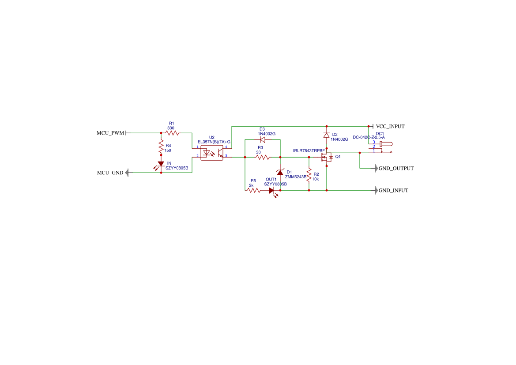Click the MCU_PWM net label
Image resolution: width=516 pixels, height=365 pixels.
pyautogui.click(x=110, y=133)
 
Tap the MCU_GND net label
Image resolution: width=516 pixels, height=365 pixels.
pyautogui.click(x=110, y=173)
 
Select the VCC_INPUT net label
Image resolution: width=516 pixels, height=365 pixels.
pyautogui.click(x=390, y=126)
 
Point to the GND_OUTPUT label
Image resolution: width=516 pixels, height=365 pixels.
pyautogui.click(x=396, y=168)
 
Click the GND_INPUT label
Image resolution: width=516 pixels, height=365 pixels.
pyautogui.click(x=393, y=190)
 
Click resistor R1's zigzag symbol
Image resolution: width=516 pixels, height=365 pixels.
pyautogui.click(x=172, y=133)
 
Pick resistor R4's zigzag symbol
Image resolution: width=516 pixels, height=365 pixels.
pyautogui.click(x=161, y=147)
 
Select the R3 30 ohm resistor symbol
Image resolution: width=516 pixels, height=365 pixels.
pyautogui.click(x=263, y=157)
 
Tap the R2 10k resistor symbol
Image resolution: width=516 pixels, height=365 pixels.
pyautogui.click(x=309, y=175)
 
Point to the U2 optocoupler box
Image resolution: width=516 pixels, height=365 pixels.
pyautogui.click(x=212, y=153)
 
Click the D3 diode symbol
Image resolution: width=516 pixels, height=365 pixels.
pyautogui.click(x=263, y=139)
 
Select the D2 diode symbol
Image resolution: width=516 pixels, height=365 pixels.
pyautogui.click(x=327, y=135)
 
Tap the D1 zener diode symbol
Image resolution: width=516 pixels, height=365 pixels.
pyautogui.click(x=280, y=173)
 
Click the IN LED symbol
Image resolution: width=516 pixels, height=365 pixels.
pyautogui.click(x=160, y=165)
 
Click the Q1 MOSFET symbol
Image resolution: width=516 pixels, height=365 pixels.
pyautogui.click(x=327, y=157)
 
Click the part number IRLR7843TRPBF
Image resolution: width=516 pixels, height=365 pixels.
pyautogui.click(x=309, y=151)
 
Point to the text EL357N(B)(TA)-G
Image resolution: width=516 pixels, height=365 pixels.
pyautogui.click(x=214, y=142)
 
